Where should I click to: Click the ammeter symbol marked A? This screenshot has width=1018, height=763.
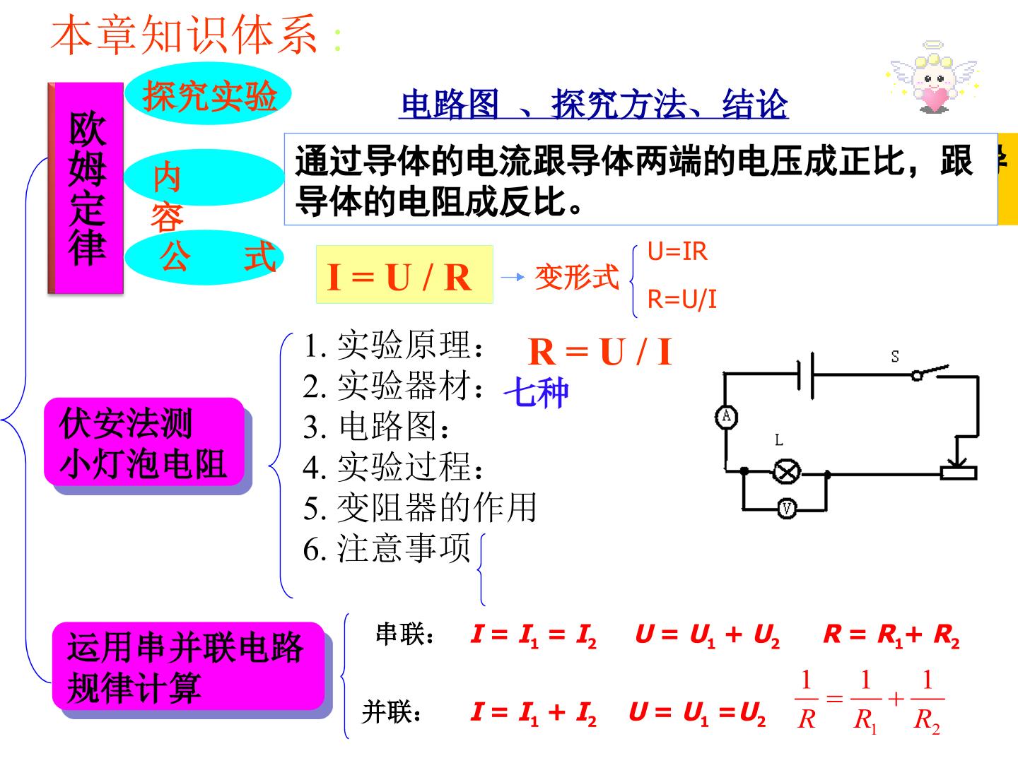[726, 417]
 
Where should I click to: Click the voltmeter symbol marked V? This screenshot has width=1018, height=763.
[787, 509]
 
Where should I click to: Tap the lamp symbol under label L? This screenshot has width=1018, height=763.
[787, 472]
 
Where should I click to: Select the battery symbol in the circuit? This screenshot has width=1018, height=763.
[806, 375]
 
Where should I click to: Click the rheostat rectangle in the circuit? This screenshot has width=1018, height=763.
[958, 473]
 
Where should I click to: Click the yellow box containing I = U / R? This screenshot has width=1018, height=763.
[404, 274]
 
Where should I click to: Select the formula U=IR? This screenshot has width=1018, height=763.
[677, 252]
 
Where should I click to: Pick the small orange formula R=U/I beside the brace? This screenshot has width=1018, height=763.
[681, 299]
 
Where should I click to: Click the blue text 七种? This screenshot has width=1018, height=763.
[536, 392]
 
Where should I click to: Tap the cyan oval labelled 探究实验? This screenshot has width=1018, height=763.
[208, 93]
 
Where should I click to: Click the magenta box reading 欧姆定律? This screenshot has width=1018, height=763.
[86, 188]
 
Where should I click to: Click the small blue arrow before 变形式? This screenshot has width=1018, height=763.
[513, 277]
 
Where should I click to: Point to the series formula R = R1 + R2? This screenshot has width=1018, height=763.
[891, 634]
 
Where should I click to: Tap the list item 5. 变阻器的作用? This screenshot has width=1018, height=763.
[420, 508]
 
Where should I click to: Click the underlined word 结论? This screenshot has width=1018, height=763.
[755, 104]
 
